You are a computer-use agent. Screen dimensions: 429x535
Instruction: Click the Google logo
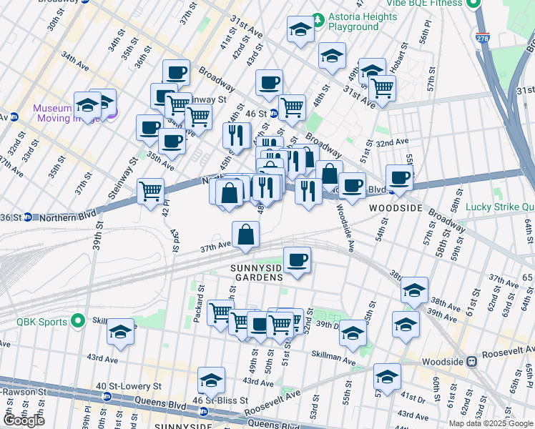click(x=24, y=420)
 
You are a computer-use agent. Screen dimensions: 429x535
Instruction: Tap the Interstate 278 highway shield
click(x=486, y=40)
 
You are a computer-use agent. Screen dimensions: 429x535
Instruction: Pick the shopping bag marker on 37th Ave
click(x=245, y=235)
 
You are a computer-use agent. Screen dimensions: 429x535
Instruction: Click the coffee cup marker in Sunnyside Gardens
click(x=297, y=260)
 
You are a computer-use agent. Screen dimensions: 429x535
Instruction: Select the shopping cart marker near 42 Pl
click(x=150, y=191)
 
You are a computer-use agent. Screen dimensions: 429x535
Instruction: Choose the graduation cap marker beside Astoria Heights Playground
click(x=300, y=29)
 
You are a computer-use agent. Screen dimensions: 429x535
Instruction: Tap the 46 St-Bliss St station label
click(x=220, y=400)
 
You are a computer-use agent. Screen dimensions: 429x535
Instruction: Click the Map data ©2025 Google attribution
click(x=491, y=423)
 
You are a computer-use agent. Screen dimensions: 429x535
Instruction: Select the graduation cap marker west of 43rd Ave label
click(x=120, y=332)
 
